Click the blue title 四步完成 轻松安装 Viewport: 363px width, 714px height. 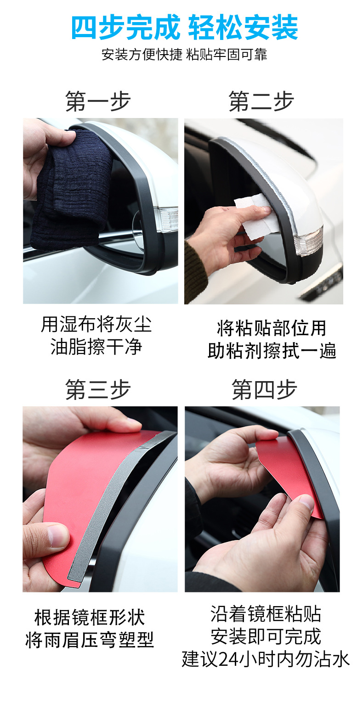tap(184, 28)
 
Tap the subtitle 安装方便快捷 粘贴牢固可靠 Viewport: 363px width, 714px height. tap(184, 55)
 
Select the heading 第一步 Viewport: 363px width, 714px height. tap(98, 101)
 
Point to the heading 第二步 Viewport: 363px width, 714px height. tap(261, 101)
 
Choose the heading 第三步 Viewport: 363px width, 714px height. tap(98, 389)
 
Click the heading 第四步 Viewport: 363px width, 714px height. tap(264, 389)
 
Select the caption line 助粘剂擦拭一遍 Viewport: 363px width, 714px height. tap(272, 351)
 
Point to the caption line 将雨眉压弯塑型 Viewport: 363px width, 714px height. tap(90, 640)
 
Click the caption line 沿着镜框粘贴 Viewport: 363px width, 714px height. tap(266, 613)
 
